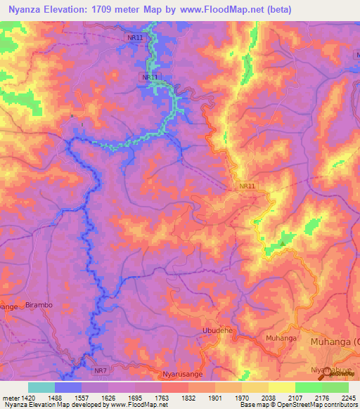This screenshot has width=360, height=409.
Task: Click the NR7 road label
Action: pyautogui.click(x=101, y=370)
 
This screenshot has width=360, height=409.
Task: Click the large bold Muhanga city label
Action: pyautogui.click(x=335, y=342)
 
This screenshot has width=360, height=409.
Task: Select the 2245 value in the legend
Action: pyautogui.click(x=349, y=398)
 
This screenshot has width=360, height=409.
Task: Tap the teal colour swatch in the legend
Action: pyautogui.click(x=41, y=387)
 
